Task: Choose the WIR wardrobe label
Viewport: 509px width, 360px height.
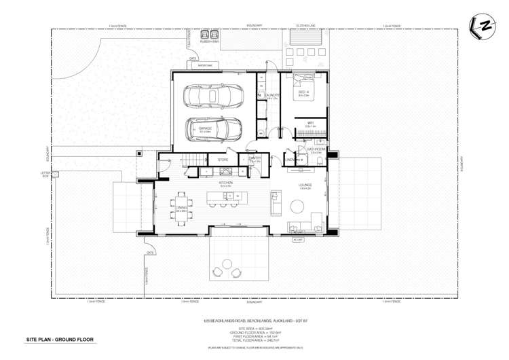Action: [x=310, y=122]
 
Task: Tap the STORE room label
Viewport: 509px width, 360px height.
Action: [x=222, y=160]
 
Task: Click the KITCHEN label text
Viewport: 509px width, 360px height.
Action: [x=226, y=182]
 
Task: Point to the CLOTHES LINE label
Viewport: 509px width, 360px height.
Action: [x=305, y=26]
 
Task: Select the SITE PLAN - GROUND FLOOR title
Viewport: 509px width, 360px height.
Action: [x=60, y=339]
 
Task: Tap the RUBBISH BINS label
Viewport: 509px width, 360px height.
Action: [x=209, y=41]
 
